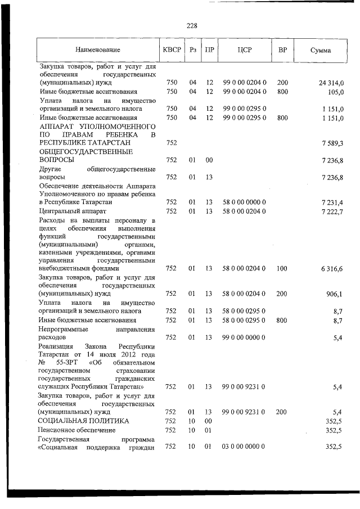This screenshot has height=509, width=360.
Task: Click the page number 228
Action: [x=191, y=25]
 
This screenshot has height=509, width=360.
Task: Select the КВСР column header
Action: [x=172, y=50]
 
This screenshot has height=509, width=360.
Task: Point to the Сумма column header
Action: [x=321, y=50]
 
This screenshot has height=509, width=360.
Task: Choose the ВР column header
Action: [x=282, y=50]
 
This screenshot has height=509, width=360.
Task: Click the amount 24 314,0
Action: [x=330, y=83]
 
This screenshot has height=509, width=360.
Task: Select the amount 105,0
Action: [x=335, y=91]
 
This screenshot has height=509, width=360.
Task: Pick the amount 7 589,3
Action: [x=332, y=143]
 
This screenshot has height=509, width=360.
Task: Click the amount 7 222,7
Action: [x=332, y=210]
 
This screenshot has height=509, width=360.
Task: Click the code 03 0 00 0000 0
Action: [x=244, y=446]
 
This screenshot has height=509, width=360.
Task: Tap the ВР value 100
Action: [x=282, y=269]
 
